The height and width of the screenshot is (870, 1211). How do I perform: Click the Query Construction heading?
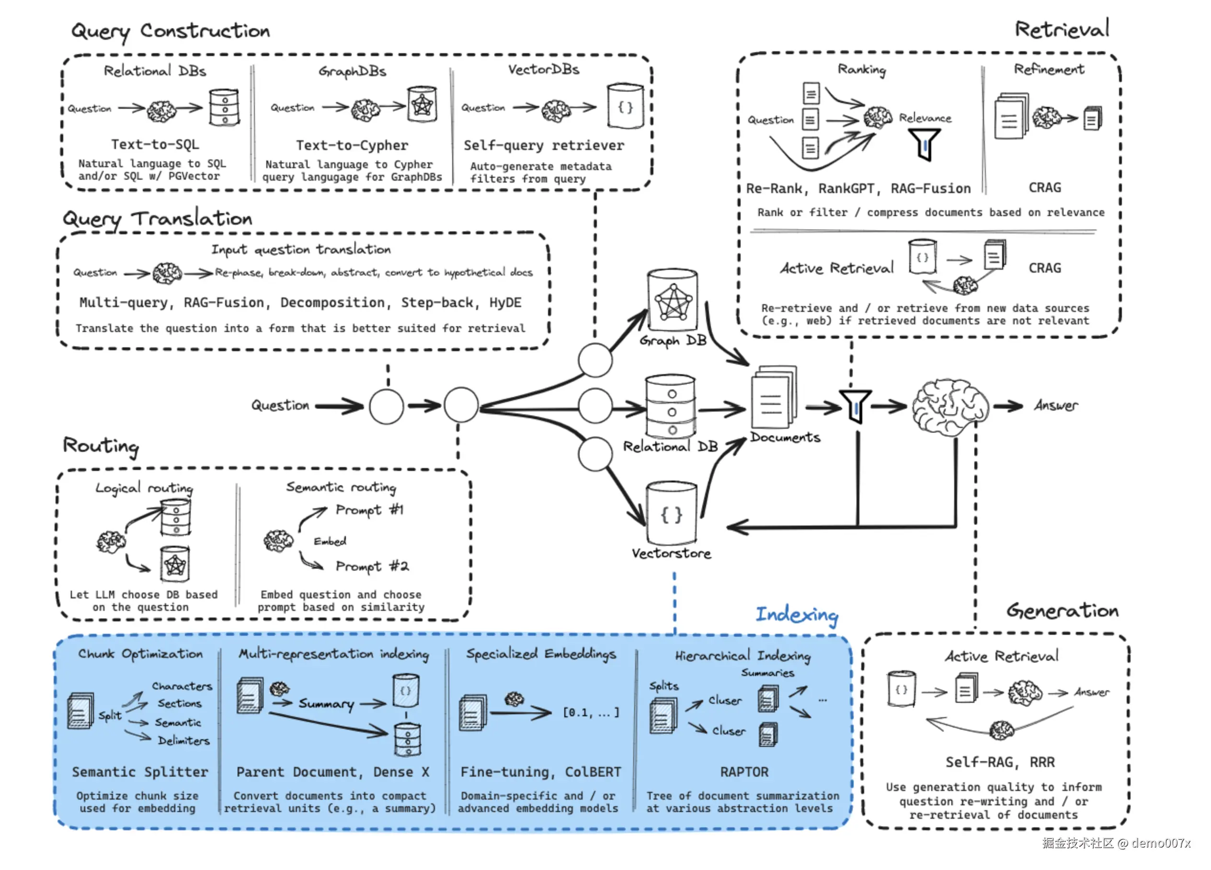[x=171, y=31]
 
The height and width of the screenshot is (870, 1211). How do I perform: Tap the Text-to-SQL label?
[x=155, y=144]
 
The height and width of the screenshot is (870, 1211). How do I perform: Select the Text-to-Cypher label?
[x=352, y=145]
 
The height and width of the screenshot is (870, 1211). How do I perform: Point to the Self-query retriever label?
[x=544, y=145]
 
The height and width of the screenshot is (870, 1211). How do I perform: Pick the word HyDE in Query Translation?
[x=505, y=303]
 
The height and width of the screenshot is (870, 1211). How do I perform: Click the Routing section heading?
[x=101, y=446]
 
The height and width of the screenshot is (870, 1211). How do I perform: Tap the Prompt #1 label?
[x=369, y=510]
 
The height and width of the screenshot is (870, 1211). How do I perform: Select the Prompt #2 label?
[x=372, y=566]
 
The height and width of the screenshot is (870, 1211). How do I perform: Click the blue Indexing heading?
[x=797, y=615]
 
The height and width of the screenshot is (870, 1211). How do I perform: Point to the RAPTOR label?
[x=744, y=772]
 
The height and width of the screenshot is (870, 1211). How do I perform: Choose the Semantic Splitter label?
[x=140, y=772]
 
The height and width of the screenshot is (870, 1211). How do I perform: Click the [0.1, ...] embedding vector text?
[x=591, y=712]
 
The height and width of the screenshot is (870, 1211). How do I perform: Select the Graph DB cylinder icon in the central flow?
[x=672, y=301]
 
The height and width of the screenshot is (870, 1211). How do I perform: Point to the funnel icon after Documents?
[x=856, y=406]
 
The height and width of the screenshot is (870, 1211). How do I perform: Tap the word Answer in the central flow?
[x=1056, y=406]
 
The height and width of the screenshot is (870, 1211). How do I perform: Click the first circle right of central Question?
[x=387, y=406]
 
